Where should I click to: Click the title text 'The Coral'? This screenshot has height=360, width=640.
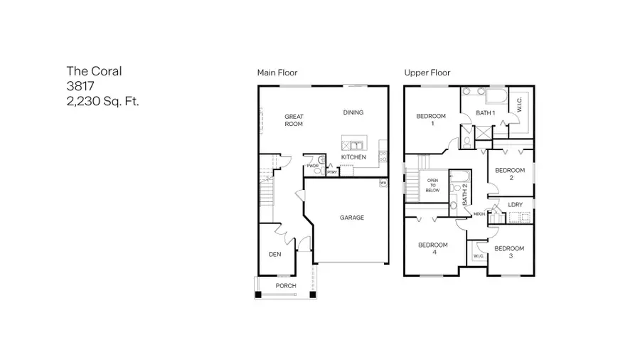[x=95, y=70]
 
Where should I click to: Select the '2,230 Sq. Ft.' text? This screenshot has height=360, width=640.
[x=103, y=101]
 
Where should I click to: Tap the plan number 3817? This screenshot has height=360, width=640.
[x=81, y=85]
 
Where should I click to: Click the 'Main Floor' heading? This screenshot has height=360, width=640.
[x=277, y=73]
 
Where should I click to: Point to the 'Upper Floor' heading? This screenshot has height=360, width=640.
[x=427, y=73]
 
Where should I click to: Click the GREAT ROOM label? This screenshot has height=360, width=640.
[x=294, y=120]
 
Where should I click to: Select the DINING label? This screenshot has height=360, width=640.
[x=353, y=112]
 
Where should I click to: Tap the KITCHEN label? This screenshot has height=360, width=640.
[x=353, y=157]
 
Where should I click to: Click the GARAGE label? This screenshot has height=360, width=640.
[x=351, y=218]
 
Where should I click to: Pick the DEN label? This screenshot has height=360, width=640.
[x=274, y=255]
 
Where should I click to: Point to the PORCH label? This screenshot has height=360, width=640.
[x=286, y=286]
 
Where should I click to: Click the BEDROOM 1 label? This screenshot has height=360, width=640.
[x=431, y=120]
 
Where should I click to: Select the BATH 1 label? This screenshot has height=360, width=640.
[x=486, y=113]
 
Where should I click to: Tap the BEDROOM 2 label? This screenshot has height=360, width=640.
[x=510, y=174]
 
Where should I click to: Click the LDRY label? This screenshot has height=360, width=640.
[x=516, y=205]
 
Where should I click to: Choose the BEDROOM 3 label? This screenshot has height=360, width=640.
[x=509, y=252]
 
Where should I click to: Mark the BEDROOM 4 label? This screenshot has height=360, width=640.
[x=432, y=249]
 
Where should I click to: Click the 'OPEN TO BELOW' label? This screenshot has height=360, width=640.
[x=433, y=186]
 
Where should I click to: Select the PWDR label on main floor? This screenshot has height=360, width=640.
[x=312, y=166]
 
